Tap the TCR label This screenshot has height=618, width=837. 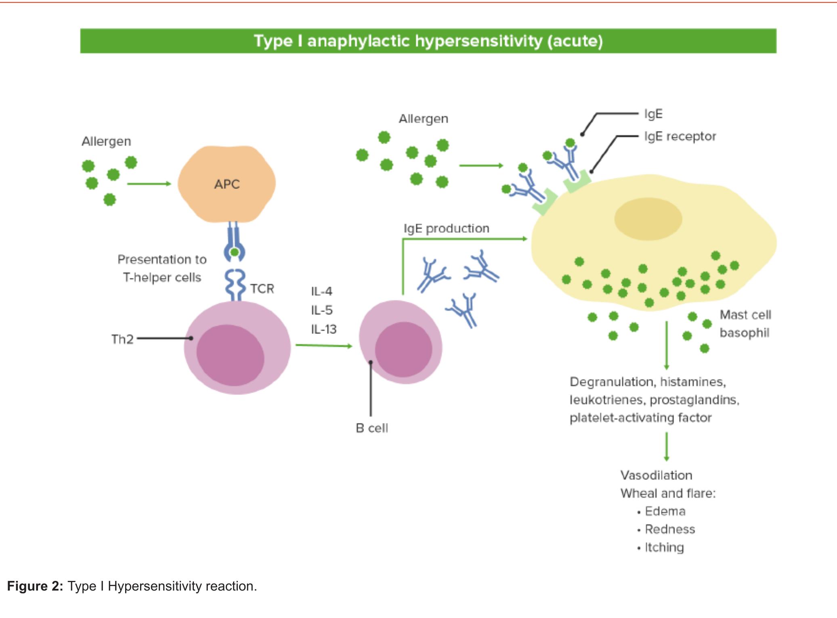tap(262, 289)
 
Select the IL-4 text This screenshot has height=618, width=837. tap(321, 291)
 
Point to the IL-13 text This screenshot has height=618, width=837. tap(323, 329)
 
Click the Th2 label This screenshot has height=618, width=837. tap(122, 339)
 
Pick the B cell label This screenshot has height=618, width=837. tap(371, 428)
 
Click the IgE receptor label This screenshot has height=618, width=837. tap(680, 136)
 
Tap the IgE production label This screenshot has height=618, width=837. tap(446, 228)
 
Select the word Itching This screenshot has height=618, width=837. tap(664, 547)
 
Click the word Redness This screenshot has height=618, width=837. tap(670, 529)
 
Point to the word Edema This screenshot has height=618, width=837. tap(665, 511)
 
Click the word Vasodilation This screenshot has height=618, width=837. tap(656, 475)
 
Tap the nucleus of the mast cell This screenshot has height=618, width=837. tap(648, 219)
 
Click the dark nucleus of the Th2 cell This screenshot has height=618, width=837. tap(230, 355)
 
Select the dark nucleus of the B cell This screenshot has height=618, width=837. tap(403, 350)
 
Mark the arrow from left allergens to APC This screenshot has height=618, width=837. tap(149, 184)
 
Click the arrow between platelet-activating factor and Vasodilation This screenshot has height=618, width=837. tap(666, 446)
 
